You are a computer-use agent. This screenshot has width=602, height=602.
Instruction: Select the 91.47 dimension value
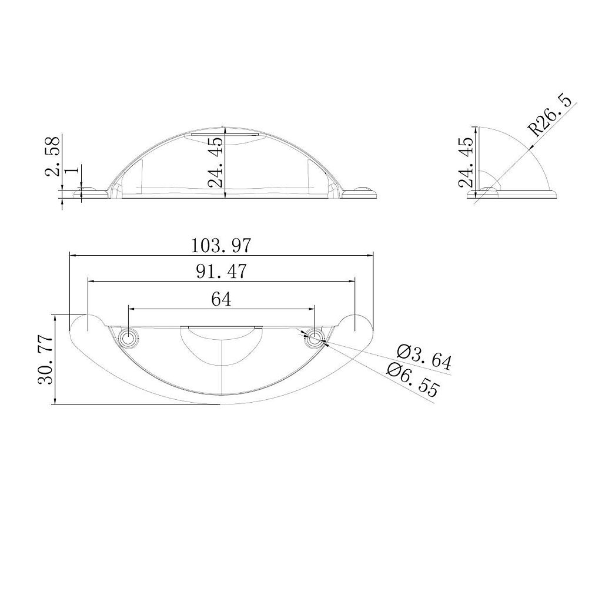pos(221,272)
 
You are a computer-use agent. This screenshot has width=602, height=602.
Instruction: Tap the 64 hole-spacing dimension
pos(221,299)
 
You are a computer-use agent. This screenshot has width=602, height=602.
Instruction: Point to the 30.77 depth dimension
pos(45,359)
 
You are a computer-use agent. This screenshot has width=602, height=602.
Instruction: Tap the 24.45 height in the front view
pos(215,162)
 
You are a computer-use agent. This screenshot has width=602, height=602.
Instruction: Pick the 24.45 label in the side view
pos(466,162)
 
